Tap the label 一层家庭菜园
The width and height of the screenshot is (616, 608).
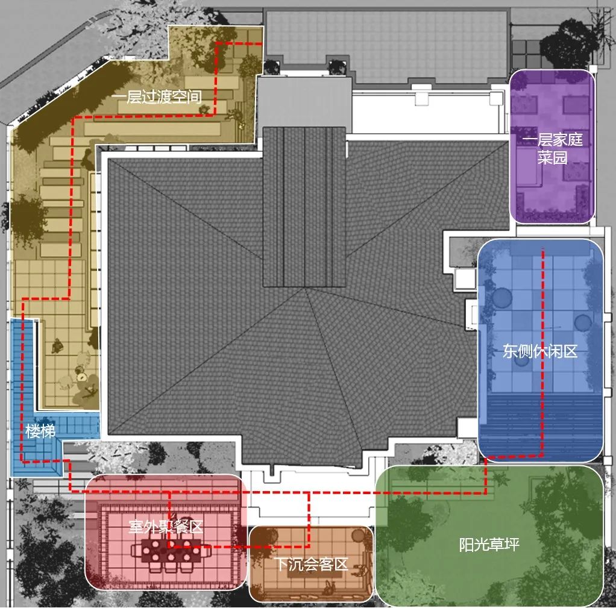[552, 149]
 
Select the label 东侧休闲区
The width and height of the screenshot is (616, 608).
[540, 351]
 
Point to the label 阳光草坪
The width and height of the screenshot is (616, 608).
[489, 545]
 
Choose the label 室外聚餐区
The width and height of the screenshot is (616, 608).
[166, 527]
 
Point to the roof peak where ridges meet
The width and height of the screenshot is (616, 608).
[306, 289]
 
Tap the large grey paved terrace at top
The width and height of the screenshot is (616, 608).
[386, 45]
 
